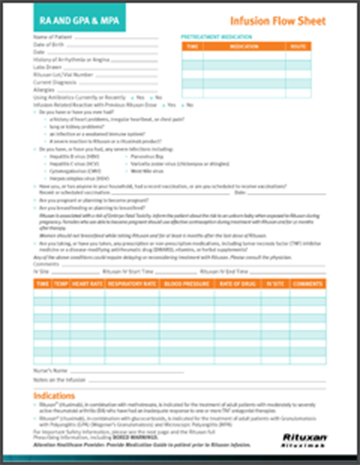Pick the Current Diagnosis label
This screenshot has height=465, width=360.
54,80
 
